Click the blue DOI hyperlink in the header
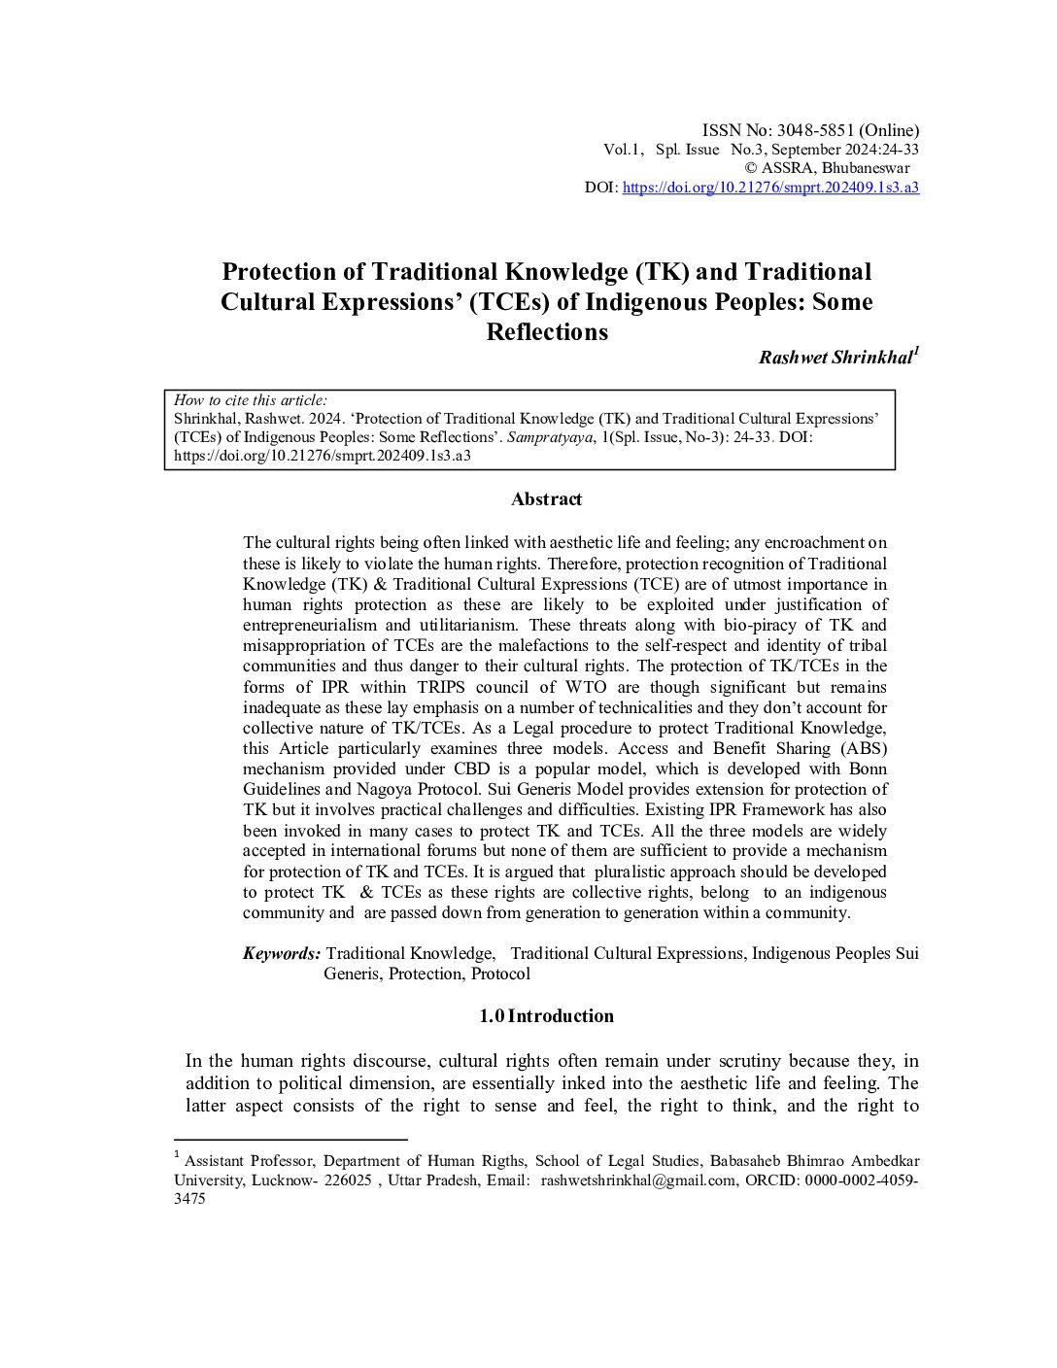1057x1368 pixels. click(x=769, y=188)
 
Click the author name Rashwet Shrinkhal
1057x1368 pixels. click(x=835, y=358)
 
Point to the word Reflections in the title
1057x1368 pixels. click(x=546, y=332)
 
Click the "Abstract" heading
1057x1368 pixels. click(x=546, y=499)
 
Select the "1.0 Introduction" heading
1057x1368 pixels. click(x=546, y=1016)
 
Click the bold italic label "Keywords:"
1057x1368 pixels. click(x=281, y=954)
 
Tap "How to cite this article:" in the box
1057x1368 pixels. click(x=251, y=400)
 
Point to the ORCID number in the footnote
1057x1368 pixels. click(x=855, y=1180)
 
